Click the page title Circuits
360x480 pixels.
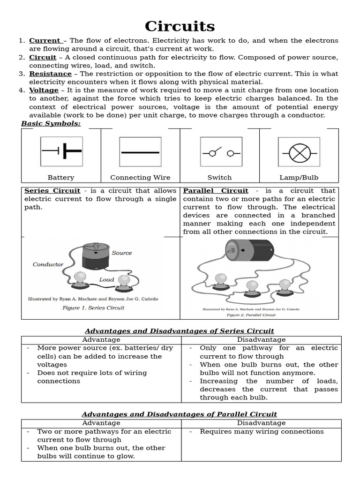(180, 26)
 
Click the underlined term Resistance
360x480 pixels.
(50, 74)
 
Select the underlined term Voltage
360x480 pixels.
(44, 90)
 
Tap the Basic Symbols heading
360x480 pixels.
(51, 123)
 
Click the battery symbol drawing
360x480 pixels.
(61, 151)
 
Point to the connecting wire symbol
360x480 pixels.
(140, 152)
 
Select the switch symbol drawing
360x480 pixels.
(220, 152)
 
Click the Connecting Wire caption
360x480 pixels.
(140, 178)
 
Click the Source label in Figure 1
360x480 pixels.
(122, 253)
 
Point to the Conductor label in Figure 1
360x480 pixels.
(48, 264)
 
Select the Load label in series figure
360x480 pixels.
(106, 279)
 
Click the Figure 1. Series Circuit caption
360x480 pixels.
(93, 308)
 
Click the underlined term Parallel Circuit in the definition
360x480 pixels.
(216, 191)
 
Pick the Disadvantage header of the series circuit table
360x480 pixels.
(261, 339)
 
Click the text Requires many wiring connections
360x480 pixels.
(262, 431)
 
